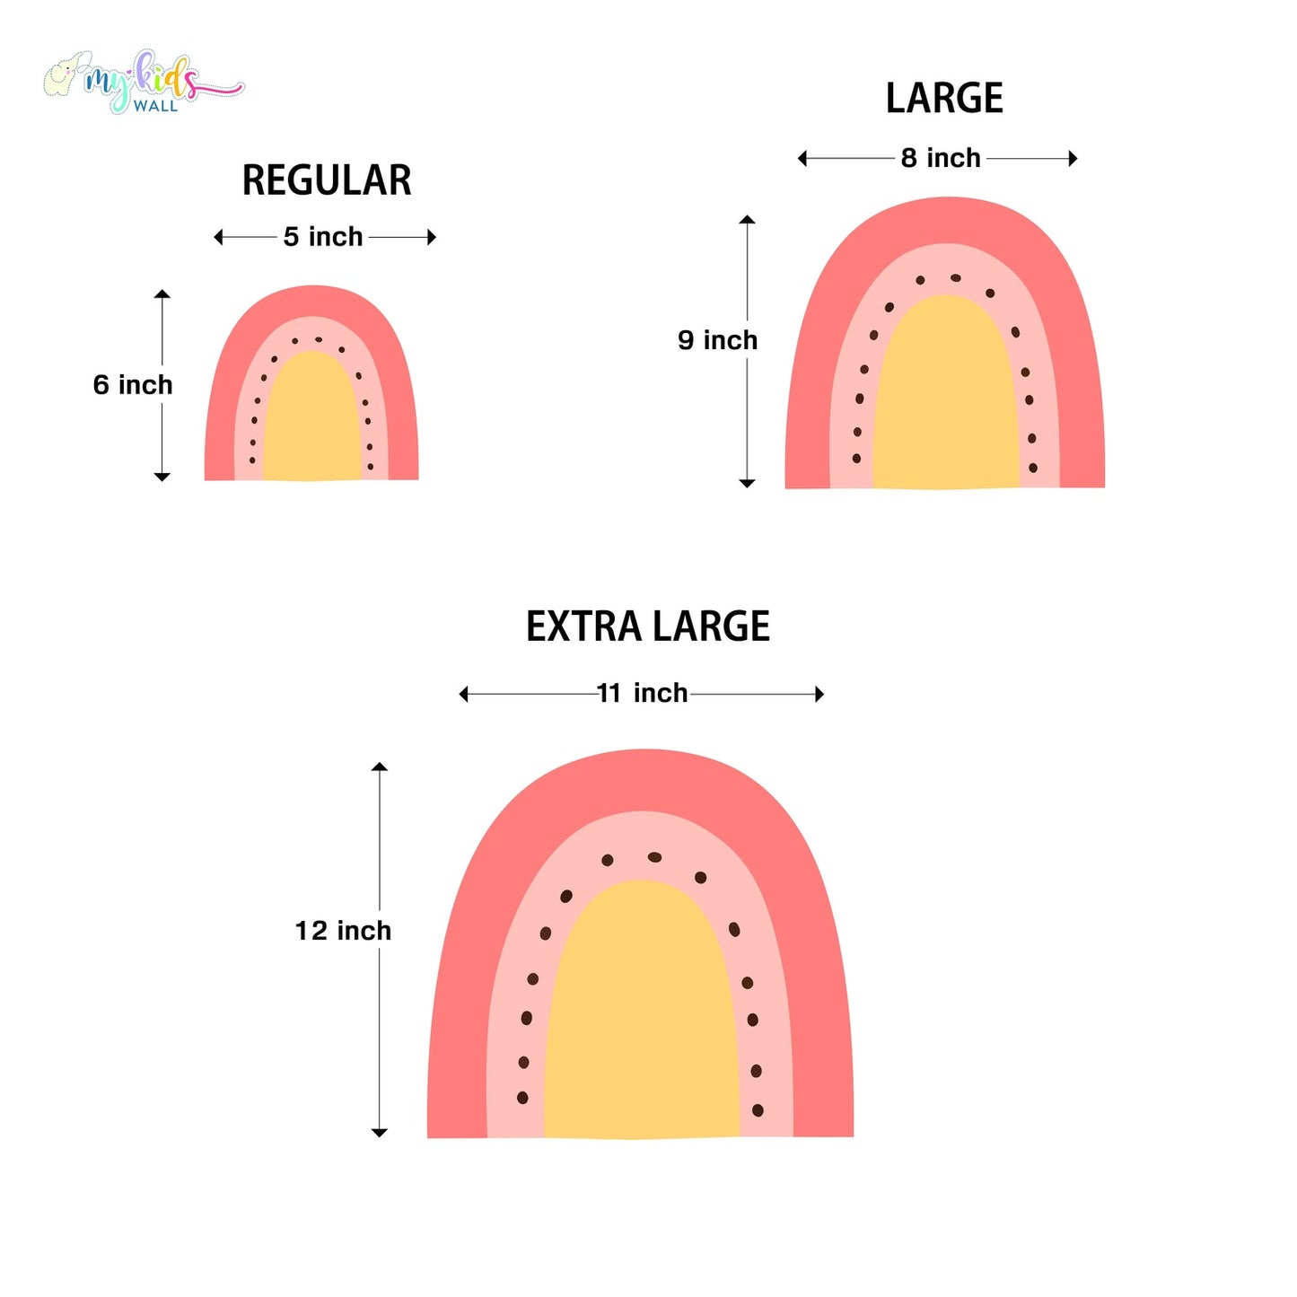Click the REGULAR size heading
pyautogui.click(x=327, y=180)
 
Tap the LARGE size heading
pyautogui.click(x=943, y=98)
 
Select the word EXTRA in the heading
pyautogui.click(x=583, y=627)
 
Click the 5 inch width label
pyautogui.click(x=323, y=237)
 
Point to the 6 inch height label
pyautogui.click(x=133, y=385)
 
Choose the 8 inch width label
pyautogui.click(x=941, y=158)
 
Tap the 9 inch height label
pyautogui.click(x=717, y=340)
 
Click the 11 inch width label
pyautogui.click(x=643, y=693)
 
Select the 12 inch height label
pyautogui.click(x=343, y=931)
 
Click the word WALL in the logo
pyautogui.click(x=155, y=106)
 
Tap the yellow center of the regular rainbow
pyautogui.click(x=311, y=417)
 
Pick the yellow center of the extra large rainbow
pyautogui.click(x=642, y=1010)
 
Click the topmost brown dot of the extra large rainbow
pyautogui.click(x=654, y=857)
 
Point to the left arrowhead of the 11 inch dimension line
pyautogui.click(x=463, y=694)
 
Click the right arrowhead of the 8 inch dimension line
pyautogui.click(x=1073, y=158)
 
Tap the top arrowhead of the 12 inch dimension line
pyautogui.click(x=380, y=767)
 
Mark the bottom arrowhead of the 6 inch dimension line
pyautogui.click(x=162, y=477)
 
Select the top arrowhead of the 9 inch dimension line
pyautogui.click(x=747, y=219)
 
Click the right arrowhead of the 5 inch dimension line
pyautogui.click(x=432, y=237)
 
